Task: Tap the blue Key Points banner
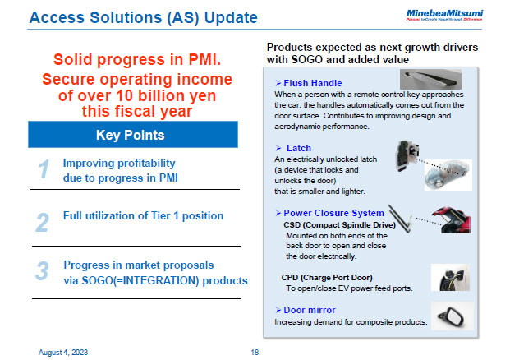(133, 134)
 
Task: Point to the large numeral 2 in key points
(43, 222)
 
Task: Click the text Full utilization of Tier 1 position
(143, 216)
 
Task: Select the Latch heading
(298, 147)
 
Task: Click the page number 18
(255, 351)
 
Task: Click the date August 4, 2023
(63, 351)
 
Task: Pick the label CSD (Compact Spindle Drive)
(339, 224)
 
